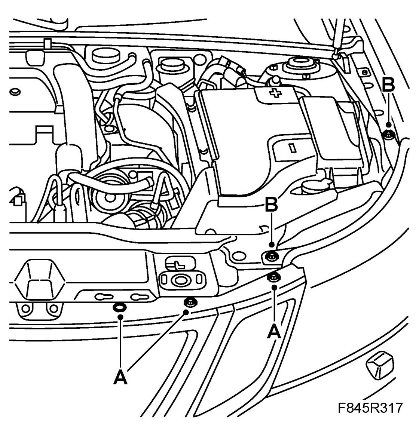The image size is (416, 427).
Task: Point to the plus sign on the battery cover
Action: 275,93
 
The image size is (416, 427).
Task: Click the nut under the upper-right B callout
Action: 389,134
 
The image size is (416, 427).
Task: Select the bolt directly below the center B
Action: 271,256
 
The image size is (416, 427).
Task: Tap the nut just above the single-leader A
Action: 273,277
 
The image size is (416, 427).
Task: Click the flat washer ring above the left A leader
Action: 119,307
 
